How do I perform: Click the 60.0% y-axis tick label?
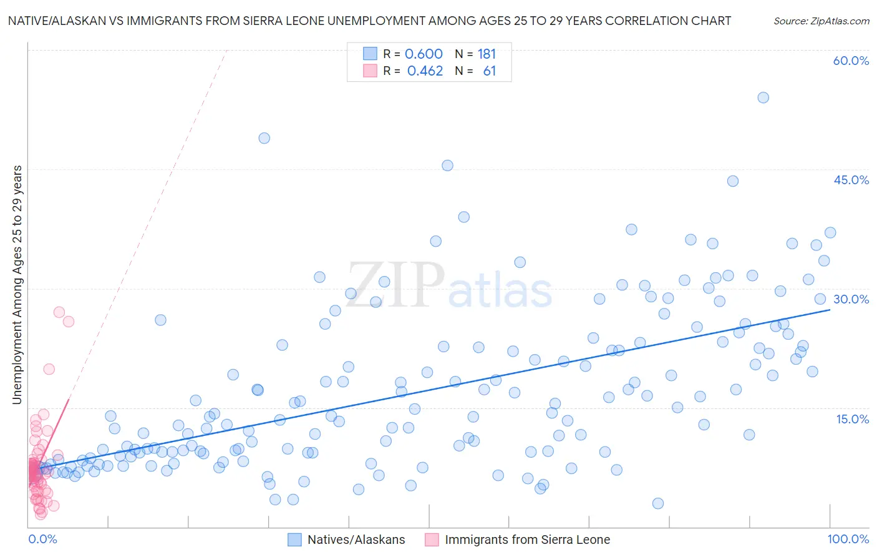click(851, 61)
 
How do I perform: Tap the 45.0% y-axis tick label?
click(851, 180)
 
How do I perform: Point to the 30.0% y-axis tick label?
click(851, 299)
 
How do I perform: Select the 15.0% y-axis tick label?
click(852, 418)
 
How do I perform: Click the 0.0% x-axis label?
click(42, 539)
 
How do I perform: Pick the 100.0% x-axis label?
click(848, 539)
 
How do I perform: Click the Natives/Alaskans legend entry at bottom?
click(356, 540)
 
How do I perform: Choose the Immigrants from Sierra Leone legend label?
click(527, 540)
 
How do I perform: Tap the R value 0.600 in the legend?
click(424, 54)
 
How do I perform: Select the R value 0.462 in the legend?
click(425, 71)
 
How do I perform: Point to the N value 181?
click(487, 54)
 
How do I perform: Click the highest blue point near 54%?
click(763, 97)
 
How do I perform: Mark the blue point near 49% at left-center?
click(264, 138)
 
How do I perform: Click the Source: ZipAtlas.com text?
click(821, 21)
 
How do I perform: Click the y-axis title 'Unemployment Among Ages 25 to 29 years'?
click(17, 284)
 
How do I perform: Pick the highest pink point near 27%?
click(59, 312)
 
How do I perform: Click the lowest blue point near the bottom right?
click(657, 503)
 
